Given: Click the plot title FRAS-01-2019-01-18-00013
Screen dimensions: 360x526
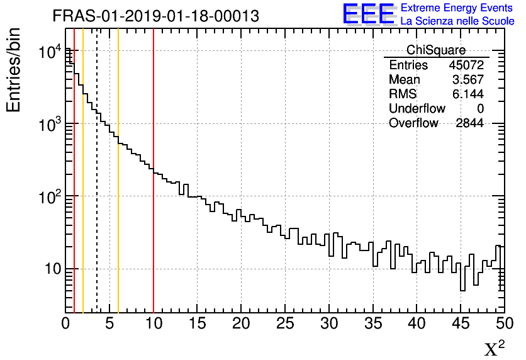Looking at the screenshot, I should coord(155,16).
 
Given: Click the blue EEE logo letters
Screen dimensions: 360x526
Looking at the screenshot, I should coord(368,14).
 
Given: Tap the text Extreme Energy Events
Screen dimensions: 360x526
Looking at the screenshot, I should coord(457,8).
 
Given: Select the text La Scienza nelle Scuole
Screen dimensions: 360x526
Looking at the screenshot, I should coord(457,21).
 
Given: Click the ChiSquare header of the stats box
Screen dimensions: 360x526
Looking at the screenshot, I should coord(436,50).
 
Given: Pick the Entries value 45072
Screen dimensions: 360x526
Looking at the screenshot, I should coord(466,65).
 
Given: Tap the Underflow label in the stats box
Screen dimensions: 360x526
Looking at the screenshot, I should coord(417,109).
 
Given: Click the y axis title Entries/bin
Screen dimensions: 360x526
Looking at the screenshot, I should coord(14,69).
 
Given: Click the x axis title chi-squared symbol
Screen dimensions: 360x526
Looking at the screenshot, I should coord(494,348).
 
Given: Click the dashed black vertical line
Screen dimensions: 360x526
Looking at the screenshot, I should coord(97,189).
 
